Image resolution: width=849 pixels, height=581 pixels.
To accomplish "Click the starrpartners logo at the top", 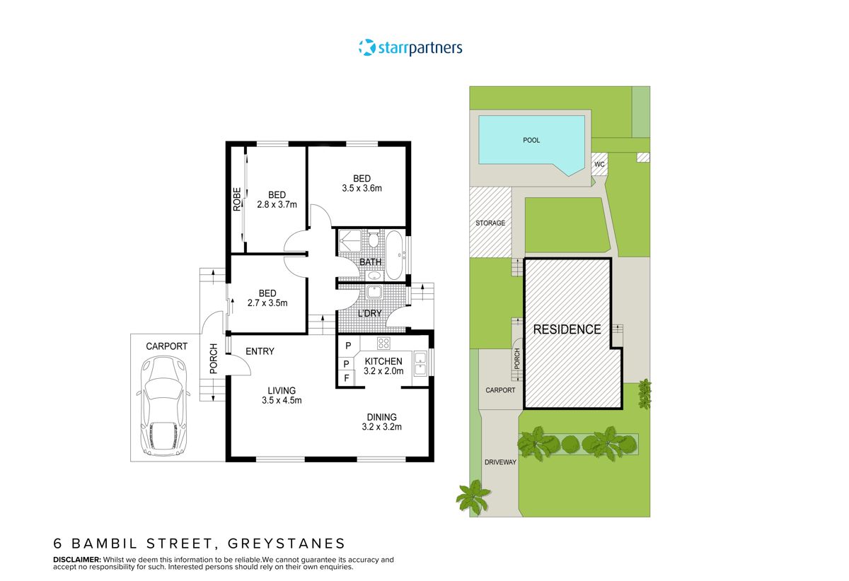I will (x=410, y=48).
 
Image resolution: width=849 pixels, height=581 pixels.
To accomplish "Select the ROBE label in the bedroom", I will (x=238, y=199).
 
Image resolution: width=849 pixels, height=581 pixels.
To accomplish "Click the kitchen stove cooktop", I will (x=383, y=344).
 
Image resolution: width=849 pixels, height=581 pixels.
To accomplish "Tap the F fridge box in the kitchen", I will (x=347, y=379).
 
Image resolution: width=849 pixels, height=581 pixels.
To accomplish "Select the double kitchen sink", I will (x=420, y=362).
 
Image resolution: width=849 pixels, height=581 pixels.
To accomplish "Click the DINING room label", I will (x=381, y=417).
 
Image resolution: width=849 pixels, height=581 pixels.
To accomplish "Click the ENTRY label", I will (x=260, y=351).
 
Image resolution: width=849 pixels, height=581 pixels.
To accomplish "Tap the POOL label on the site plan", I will (x=531, y=140).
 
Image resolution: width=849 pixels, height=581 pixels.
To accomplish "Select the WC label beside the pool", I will (x=599, y=165).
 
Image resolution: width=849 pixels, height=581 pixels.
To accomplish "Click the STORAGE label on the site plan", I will (x=490, y=223).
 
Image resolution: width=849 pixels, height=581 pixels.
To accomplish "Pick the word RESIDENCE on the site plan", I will (x=567, y=329).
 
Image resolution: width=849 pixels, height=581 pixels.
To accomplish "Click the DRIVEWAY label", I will (x=500, y=462).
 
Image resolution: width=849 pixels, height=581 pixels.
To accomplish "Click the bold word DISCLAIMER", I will (x=78, y=559).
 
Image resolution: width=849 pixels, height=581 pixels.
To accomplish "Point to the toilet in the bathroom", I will (x=373, y=240).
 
